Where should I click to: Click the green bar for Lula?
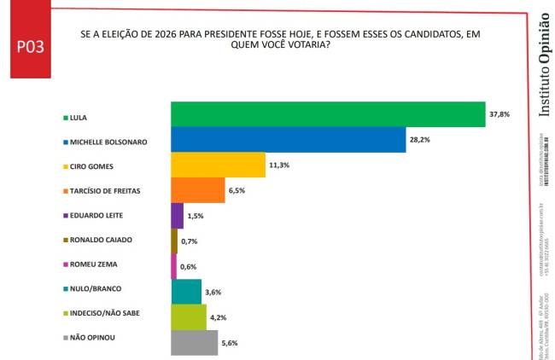(x=328, y=114)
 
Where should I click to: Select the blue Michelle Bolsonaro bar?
(x=288, y=139)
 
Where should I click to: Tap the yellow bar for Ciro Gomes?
(x=218, y=165)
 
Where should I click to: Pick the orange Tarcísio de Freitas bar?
(x=197, y=190)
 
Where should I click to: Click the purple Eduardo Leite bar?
(x=177, y=216)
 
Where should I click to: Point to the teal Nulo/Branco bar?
(x=186, y=292)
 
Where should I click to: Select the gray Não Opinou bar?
(x=195, y=342)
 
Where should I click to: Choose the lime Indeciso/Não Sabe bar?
(x=189, y=317)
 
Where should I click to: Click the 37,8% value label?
(x=499, y=114)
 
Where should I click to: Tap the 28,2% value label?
(x=419, y=140)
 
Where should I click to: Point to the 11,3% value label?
(x=279, y=165)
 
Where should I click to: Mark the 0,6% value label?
(x=189, y=267)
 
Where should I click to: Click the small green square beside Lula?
(x=67, y=117)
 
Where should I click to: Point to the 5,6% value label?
(x=229, y=343)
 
